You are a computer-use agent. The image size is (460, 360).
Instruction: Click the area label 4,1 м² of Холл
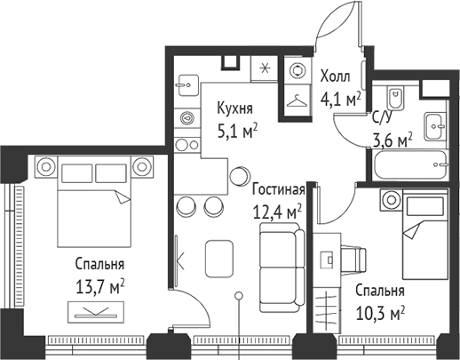(x=340, y=100)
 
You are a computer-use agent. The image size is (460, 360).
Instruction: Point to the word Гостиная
(x=278, y=189)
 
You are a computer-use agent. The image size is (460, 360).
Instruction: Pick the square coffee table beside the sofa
(x=221, y=258)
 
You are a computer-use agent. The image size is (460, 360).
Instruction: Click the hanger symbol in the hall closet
(x=296, y=101)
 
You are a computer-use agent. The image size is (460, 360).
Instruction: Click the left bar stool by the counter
(x=186, y=206)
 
